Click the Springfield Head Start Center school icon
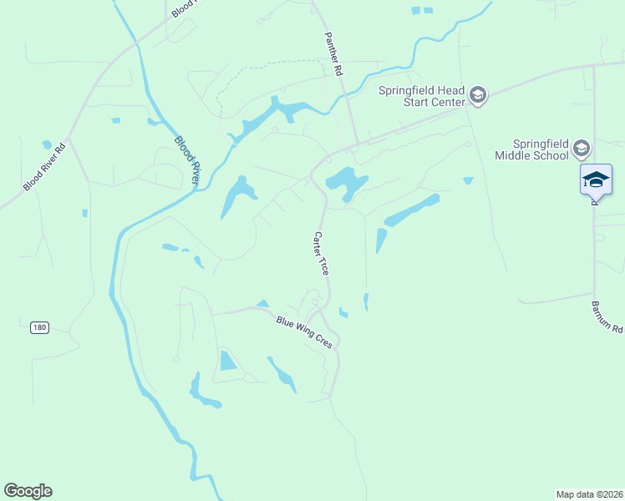click(477, 95)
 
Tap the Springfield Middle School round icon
click(582, 149)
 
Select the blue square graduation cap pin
click(596, 180)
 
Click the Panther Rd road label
click(334, 56)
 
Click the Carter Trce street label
click(322, 253)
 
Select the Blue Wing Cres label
click(305, 331)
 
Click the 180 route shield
click(39, 327)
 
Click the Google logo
click(28, 491)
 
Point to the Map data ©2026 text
click(589, 493)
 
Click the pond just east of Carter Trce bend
click(344, 180)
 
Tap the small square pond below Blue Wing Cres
click(227, 361)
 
